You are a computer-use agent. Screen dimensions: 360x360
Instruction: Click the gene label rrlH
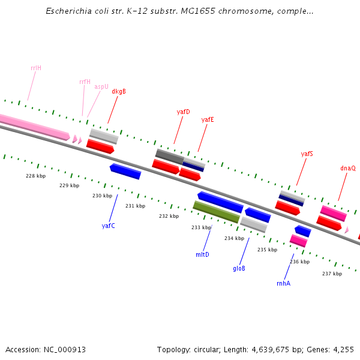[36, 68]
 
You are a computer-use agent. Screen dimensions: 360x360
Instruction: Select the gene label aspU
[101, 86]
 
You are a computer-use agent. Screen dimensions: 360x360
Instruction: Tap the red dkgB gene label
[119, 92]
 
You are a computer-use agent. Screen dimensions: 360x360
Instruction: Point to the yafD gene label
[183, 112]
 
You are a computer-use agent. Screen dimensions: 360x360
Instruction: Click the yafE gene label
[208, 119]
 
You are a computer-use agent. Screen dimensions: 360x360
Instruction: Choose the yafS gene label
[307, 154]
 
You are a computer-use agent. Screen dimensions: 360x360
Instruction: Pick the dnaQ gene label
[348, 169]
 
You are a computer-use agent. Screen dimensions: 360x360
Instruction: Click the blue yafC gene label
[108, 226]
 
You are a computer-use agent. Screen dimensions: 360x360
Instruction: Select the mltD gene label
[202, 254]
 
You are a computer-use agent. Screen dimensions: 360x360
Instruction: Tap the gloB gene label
[239, 268]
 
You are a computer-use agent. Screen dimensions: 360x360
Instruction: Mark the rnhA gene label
[283, 283]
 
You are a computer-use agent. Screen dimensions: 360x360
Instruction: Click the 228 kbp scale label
[36, 176]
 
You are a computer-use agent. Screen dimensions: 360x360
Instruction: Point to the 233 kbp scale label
[202, 227]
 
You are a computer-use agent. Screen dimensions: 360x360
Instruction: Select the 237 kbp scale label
[332, 274]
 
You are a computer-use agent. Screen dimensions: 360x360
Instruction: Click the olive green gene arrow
[216, 212]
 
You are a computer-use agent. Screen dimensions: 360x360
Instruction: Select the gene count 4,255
[343, 349]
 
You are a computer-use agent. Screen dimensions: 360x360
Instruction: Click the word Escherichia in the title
[67, 11]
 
